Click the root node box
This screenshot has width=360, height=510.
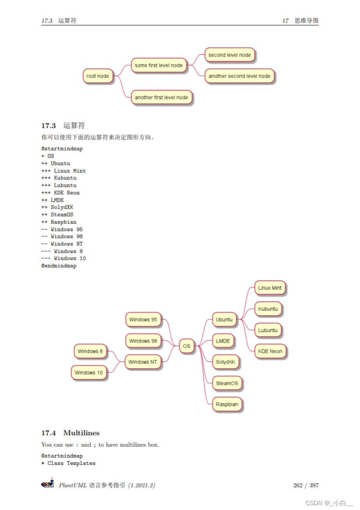98,76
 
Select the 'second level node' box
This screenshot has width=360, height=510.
229,55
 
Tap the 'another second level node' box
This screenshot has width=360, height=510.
239,76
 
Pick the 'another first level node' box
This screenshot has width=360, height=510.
161,98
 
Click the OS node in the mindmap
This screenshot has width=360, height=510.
186,346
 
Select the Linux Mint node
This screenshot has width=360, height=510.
270,288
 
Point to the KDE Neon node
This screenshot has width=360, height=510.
270,351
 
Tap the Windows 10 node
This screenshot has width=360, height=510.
89,373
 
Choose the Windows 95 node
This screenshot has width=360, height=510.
143,320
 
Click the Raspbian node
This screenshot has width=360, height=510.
227,404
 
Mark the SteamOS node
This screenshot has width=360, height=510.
227,383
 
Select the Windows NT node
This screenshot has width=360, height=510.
143,362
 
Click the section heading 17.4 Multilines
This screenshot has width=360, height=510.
70,433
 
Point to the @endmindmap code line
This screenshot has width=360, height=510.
59,266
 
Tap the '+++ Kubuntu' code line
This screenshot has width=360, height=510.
59,178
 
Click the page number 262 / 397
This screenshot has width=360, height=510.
306,486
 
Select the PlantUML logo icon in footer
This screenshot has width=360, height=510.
47,484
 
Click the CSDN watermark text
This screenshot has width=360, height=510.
329,503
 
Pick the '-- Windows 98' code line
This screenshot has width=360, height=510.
62,237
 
